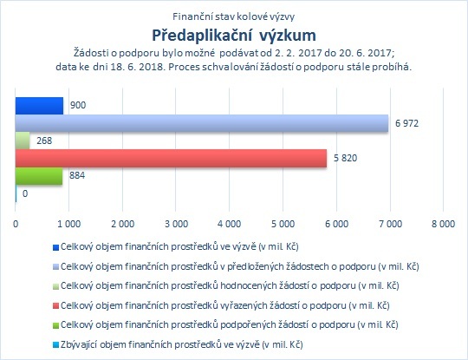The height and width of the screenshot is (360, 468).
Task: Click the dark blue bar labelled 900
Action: tap(39, 106)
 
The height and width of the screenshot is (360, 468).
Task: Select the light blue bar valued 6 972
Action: tap(202, 123)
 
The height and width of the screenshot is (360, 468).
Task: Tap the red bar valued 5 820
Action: tap(171, 158)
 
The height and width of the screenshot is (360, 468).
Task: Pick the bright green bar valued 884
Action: tap(39, 176)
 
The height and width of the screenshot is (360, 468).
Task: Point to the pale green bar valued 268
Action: tap(23, 141)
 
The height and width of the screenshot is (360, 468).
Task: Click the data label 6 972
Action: tap(406, 123)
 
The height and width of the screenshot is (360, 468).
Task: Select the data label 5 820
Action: tap(345, 158)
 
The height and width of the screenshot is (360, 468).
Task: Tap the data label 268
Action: tap(44, 141)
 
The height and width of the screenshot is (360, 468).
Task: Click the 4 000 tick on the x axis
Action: tap(229, 224)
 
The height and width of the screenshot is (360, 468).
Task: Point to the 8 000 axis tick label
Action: tap(443, 224)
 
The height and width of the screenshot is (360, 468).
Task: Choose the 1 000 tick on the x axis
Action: tap(69, 224)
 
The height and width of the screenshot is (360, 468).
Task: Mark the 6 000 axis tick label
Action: tap(336, 224)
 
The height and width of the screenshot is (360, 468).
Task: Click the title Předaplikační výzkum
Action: tap(234, 36)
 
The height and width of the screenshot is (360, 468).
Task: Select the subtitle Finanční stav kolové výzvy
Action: tap(234, 16)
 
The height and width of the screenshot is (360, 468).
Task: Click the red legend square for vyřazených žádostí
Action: tap(55, 306)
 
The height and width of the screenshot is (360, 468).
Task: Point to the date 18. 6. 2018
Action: tap(138, 67)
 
